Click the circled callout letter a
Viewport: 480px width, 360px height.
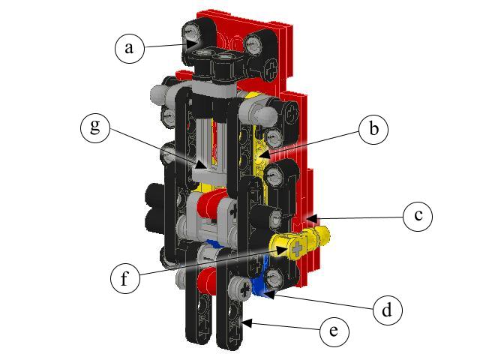tap(130, 48)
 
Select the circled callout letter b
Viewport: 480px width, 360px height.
tap(373, 130)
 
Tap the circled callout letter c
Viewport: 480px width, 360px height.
tap(418, 217)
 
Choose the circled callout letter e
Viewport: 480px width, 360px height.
tap(334, 330)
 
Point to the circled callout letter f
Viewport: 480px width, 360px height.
tap(125, 278)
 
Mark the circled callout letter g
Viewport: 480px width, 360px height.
tap(95, 127)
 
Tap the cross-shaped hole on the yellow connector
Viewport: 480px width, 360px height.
tap(299, 246)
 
